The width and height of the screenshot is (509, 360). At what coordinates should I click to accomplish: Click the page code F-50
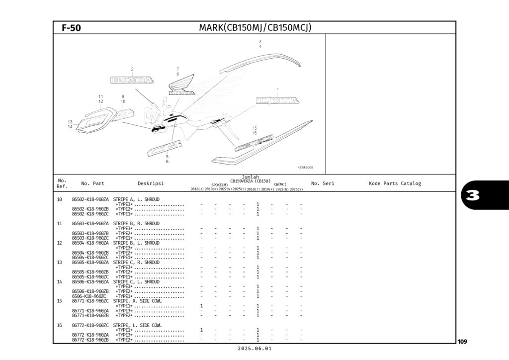pyautogui.click(x=71, y=28)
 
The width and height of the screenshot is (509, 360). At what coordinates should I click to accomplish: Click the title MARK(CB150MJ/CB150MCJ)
pyautogui.click(x=255, y=27)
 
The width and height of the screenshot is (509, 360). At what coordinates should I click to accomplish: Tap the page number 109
pyautogui.click(x=462, y=342)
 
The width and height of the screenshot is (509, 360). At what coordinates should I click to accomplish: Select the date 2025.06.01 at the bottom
pyautogui.click(x=255, y=349)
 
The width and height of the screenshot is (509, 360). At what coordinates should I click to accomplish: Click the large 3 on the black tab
pyautogui.click(x=473, y=195)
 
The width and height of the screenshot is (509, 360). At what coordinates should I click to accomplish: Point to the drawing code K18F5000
pyautogui.click(x=305, y=168)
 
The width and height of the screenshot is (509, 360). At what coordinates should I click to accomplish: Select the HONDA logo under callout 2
pyautogui.click(x=131, y=80)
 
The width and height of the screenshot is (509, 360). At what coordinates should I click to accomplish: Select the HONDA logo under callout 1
pyautogui.click(x=277, y=100)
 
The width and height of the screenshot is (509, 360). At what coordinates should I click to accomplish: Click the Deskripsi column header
pyautogui.click(x=151, y=183)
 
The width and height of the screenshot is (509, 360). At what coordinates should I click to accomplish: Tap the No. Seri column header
pyautogui.click(x=322, y=183)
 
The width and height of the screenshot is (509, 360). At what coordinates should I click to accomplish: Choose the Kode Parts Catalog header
pyautogui.click(x=395, y=183)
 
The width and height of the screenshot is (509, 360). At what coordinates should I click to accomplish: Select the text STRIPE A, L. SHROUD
pyautogui.click(x=136, y=199)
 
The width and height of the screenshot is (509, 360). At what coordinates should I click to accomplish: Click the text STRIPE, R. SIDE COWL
pyautogui.click(x=137, y=301)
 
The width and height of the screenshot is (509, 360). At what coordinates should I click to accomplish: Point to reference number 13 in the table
pyautogui.click(x=59, y=262)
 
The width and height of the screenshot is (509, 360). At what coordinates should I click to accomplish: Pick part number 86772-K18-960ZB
pyautogui.click(x=90, y=340)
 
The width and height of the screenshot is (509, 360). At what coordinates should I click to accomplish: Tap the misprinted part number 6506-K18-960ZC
pyautogui.click(x=90, y=296)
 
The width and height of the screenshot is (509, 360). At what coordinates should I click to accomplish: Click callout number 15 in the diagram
pyautogui.click(x=254, y=128)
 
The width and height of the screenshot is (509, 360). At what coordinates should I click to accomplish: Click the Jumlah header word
pyautogui.click(x=250, y=177)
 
